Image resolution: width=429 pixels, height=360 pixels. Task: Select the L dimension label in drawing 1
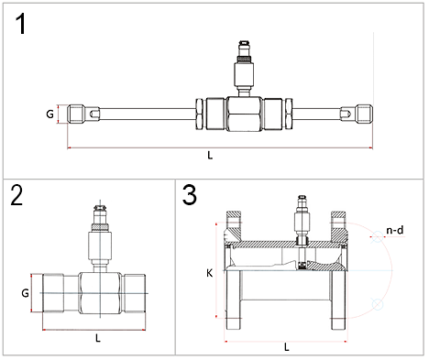(210, 156)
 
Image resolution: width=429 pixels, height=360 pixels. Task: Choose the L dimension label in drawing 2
(98, 337)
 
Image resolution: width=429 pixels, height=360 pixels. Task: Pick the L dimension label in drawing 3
(287, 347)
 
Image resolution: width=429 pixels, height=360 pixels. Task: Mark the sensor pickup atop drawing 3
(300, 220)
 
